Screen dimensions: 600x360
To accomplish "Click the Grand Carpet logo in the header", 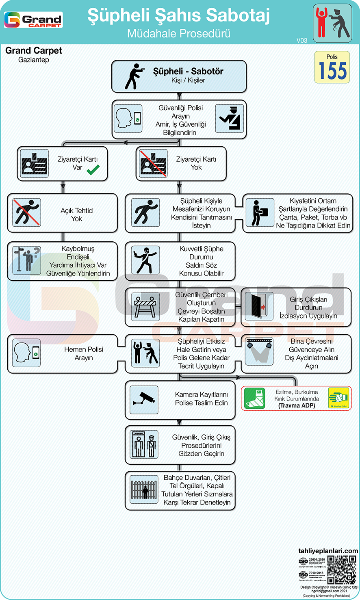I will point(33,19).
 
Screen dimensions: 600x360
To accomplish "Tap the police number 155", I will point(332,71).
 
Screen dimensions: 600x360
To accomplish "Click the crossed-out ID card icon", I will point(153,163).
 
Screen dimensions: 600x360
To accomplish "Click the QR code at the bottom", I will point(342,570).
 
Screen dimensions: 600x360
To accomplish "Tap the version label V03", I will point(302,40).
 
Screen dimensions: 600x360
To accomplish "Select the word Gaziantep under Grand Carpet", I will point(34,60).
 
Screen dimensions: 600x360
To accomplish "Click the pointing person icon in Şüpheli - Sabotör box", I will point(134,76).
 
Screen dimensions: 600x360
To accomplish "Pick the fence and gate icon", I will point(144,489).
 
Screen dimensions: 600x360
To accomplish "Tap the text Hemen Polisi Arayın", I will point(84,353).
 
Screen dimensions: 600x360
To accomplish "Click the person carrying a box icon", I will point(260,212).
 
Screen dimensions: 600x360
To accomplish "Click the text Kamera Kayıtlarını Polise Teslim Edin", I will point(201,399).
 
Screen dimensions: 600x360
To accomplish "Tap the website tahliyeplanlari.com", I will point(328,551).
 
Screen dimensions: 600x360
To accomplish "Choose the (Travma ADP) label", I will point(297,405).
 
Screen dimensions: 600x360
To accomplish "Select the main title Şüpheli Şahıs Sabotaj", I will point(179,15).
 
